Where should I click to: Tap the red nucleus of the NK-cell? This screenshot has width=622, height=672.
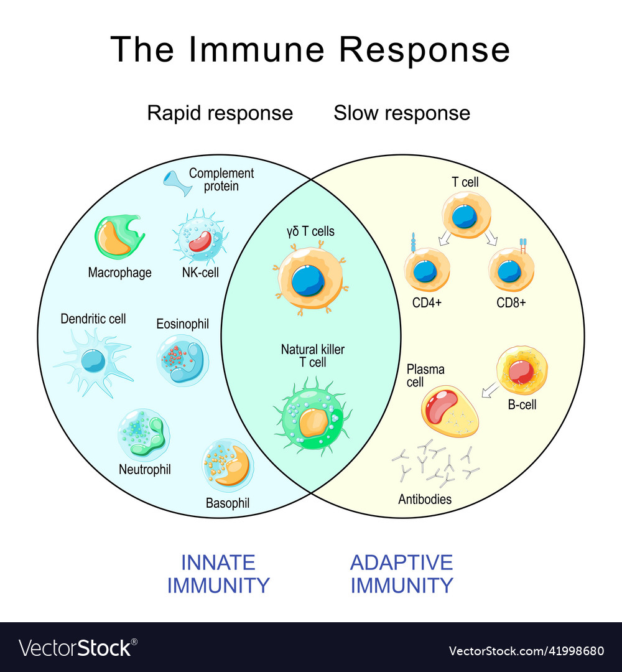point(200,241)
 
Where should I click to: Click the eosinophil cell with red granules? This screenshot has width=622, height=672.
point(182,360)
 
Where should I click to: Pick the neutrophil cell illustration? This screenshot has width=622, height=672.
point(143,434)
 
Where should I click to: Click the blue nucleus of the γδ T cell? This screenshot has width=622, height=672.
point(309,281)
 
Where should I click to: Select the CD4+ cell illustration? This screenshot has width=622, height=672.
point(426,269)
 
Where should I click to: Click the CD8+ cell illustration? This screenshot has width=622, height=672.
point(510,269)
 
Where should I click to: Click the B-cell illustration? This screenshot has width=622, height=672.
point(521,371)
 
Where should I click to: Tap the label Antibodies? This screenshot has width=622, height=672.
point(425,499)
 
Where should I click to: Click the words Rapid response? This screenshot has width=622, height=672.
point(220,113)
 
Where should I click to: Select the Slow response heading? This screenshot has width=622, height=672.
point(402,113)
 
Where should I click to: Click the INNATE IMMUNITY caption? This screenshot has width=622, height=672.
point(218,574)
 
